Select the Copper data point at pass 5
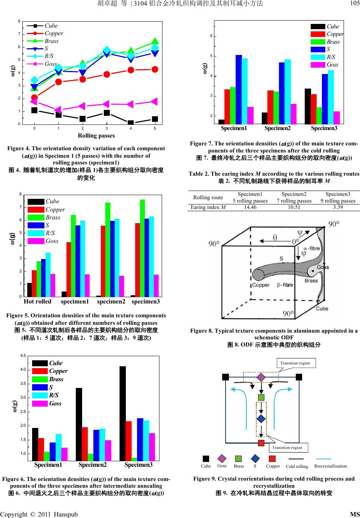(x=155, y=69)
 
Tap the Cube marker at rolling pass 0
(x=34, y=110)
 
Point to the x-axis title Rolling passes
(x=96, y=135)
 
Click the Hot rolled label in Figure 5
(x=37, y=302)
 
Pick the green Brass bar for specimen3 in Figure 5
(x=142, y=248)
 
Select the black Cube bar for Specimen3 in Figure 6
(x=122, y=413)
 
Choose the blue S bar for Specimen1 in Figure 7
(x=239, y=89)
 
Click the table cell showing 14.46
(x=250, y=207)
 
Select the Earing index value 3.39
(x=338, y=207)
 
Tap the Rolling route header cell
(x=208, y=197)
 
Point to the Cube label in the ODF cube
(x=322, y=309)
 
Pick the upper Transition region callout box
(x=295, y=363)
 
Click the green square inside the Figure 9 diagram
(x=261, y=397)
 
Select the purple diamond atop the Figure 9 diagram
(x=261, y=377)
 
